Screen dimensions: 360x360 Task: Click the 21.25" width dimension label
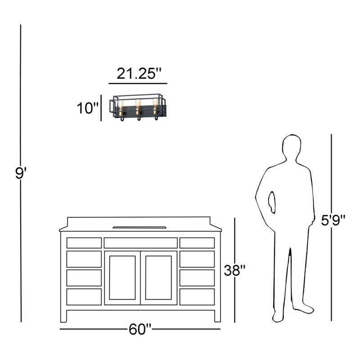(139, 74)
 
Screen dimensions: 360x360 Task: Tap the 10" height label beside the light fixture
(87, 108)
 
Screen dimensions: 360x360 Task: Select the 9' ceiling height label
(21, 173)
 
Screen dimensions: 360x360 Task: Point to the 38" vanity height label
(234, 270)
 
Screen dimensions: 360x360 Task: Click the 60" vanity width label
(140, 329)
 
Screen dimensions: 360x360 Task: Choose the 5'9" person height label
(333, 220)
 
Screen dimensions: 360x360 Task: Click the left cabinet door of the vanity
(122, 278)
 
